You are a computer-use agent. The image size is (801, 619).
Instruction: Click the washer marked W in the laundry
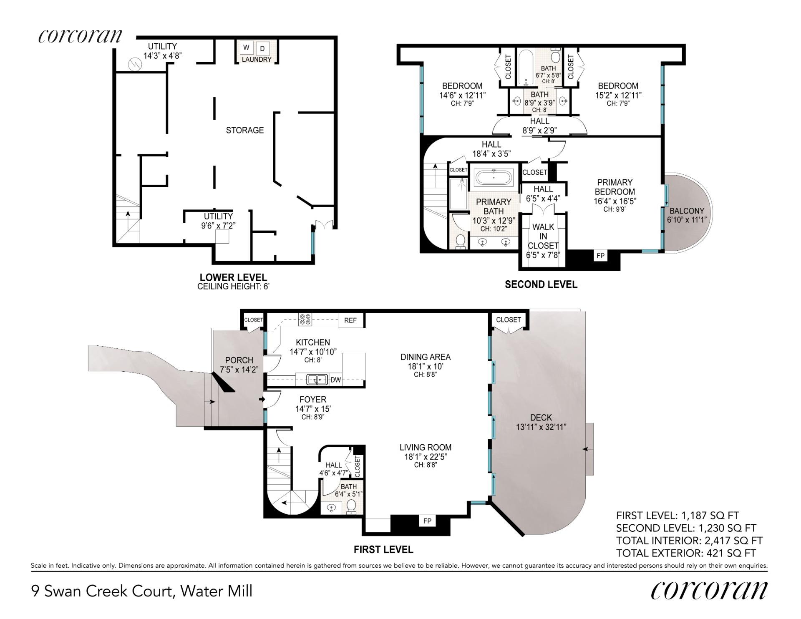pyautogui.click(x=246, y=48)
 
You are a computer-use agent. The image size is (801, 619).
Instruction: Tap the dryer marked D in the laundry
pyautogui.click(x=262, y=48)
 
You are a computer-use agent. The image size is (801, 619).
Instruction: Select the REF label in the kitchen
pyautogui.click(x=350, y=320)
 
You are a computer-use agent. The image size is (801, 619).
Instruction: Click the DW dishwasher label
pyautogui.click(x=335, y=380)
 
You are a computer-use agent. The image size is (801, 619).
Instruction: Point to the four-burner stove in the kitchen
pyautogui.click(x=305, y=320)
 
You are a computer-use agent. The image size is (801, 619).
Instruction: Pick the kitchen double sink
pyautogui.click(x=317, y=380)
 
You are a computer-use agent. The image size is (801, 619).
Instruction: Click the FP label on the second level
pyautogui.click(x=600, y=256)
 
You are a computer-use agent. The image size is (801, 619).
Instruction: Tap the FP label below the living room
pyautogui.click(x=427, y=521)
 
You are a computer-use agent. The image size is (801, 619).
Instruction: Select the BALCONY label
pyautogui.click(x=687, y=211)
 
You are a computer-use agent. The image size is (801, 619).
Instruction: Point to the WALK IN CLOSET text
pyautogui.click(x=543, y=236)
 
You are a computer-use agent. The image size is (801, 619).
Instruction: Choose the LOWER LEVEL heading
pyautogui.click(x=233, y=277)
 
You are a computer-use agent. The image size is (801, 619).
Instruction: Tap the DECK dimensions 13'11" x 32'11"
pyautogui.click(x=541, y=427)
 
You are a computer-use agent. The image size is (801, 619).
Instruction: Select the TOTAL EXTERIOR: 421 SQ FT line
pyautogui.click(x=686, y=553)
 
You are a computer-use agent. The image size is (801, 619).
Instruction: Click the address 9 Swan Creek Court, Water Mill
pyautogui.click(x=142, y=591)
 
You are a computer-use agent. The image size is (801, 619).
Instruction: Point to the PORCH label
pyautogui.click(x=239, y=360)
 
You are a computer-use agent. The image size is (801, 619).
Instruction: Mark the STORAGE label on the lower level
pyautogui.click(x=245, y=130)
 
